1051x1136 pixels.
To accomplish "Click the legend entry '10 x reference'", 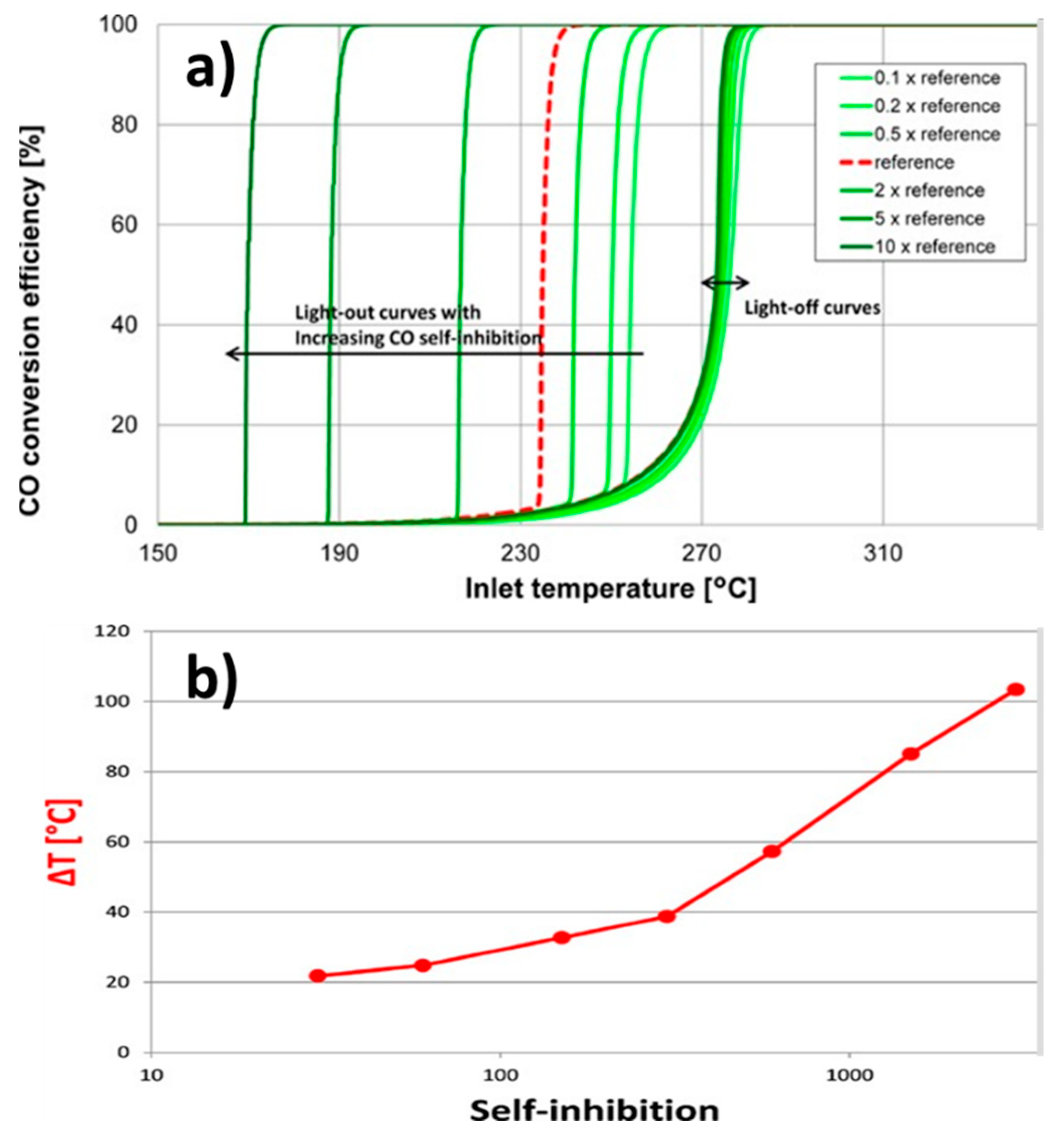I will pyautogui.click(x=934, y=247).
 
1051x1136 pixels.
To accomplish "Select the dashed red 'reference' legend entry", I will pyautogui.click(x=921, y=163).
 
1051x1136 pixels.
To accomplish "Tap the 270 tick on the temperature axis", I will pyautogui.click(x=702, y=553).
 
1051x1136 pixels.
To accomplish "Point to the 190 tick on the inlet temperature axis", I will pyautogui.click(x=339, y=553).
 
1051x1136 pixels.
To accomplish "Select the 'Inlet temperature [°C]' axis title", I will pyautogui.click(x=610, y=588).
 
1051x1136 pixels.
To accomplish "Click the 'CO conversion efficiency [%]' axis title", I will pyautogui.click(x=31, y=321).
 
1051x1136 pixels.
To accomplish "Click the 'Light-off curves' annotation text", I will pyautogui.click(x=812, y=308).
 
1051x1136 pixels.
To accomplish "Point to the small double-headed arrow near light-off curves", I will pyautogui.click(x=725, y=283).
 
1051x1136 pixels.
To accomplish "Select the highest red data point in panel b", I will pyautogui.click(x=1016, y=690).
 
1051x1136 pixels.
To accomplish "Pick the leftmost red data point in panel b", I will pyautogui.click(x=317, y=976).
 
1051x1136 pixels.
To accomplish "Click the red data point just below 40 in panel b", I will pyautogui.click(x=667, y=916).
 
